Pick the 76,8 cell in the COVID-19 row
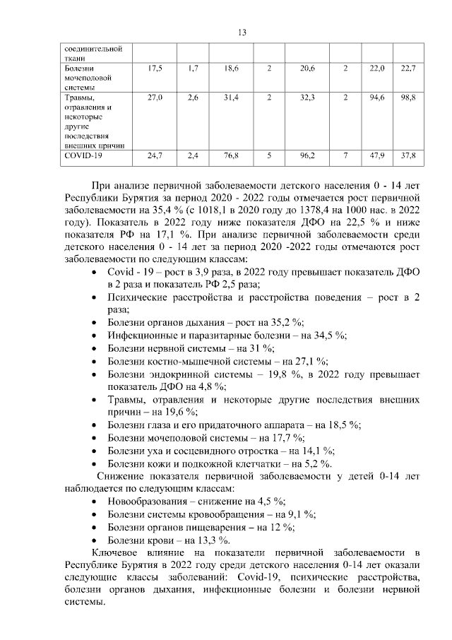[230, 155]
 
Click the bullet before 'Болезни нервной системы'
[95, 348]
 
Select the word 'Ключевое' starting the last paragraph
[115, 552]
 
